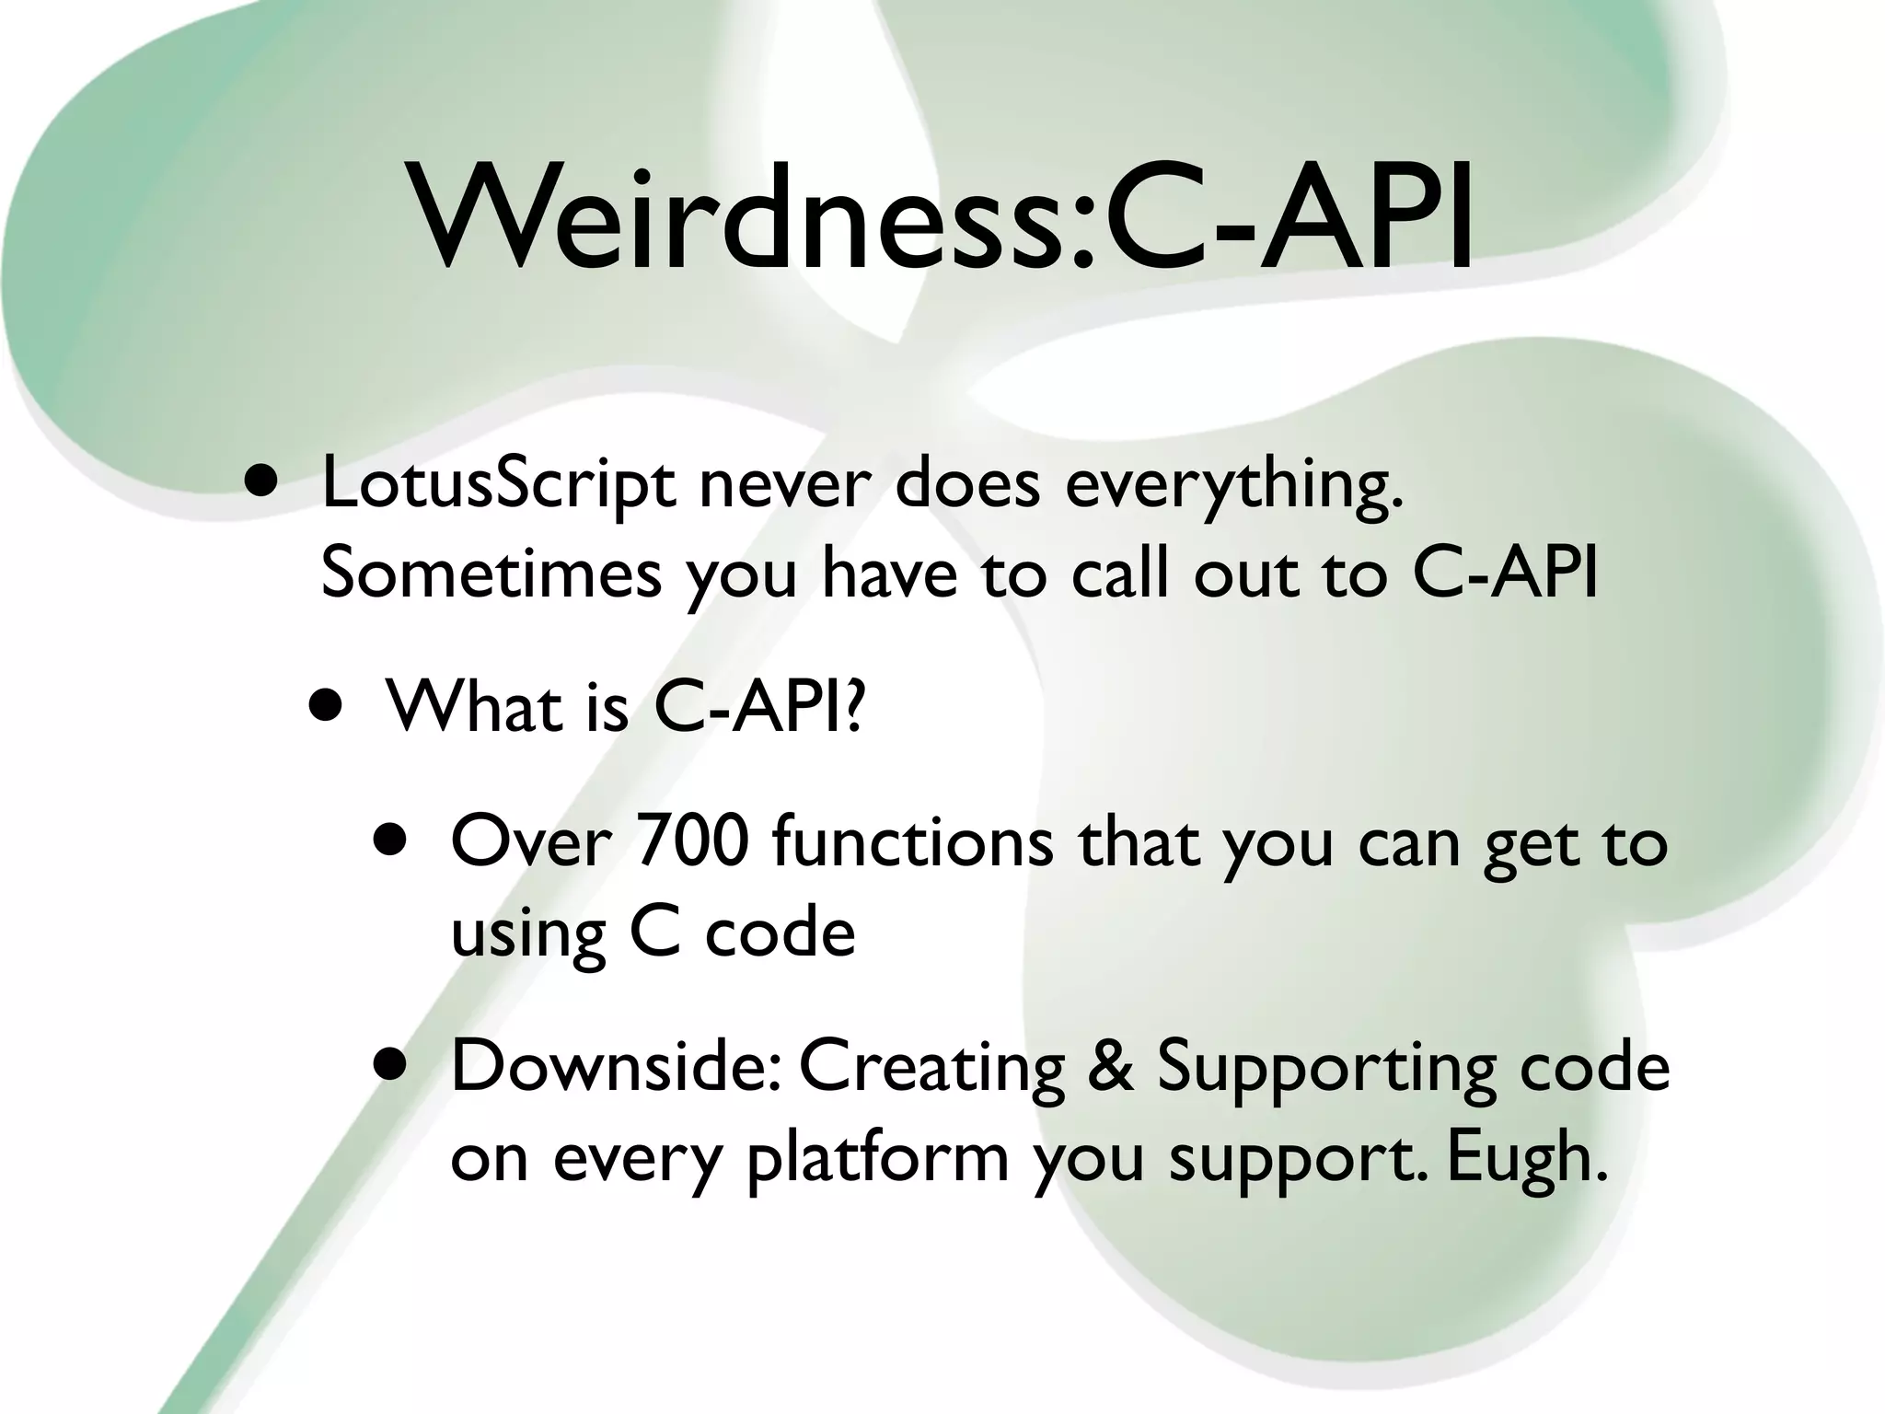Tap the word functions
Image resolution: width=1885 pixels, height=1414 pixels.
[x=912, y=841]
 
